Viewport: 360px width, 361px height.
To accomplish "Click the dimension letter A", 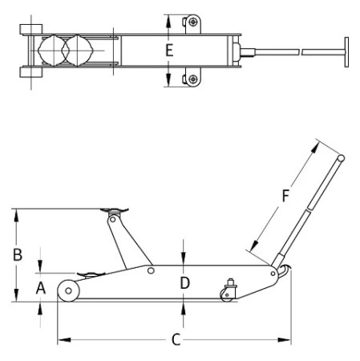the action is tap(41, 288).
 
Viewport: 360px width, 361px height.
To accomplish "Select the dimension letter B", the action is tap(18, 254).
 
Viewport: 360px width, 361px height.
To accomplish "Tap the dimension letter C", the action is tap(176, 339).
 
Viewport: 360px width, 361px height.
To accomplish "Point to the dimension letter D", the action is tap(184, 283).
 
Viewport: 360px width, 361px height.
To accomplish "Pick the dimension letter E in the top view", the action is tap(169, 51).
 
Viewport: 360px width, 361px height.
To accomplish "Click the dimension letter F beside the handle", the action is tap(285, 196).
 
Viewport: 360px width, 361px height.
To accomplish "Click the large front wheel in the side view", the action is tap(69, 290).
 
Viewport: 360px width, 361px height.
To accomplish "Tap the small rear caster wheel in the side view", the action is tap(227, 295).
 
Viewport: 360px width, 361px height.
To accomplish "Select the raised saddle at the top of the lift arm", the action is tap(115, 210).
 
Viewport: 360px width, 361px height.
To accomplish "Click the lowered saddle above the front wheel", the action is tap(91, 274).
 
